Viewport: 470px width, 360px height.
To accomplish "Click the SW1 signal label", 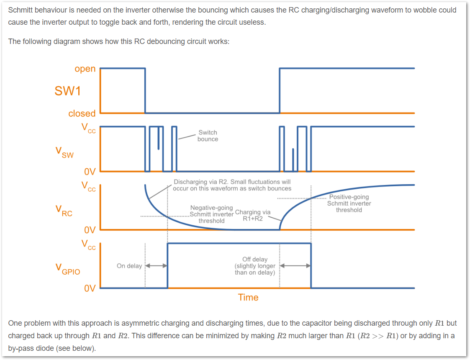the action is coord(68,91).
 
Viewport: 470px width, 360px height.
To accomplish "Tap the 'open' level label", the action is coord(85,69).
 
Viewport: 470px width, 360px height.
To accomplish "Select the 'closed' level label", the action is coord(82,113).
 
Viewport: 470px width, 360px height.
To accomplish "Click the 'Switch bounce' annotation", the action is coord(208,136).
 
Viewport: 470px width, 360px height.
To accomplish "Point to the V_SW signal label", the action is coord(64,152).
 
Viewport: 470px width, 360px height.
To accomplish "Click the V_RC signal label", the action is coord(64,211).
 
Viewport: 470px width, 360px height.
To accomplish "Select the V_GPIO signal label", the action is coord(68,269).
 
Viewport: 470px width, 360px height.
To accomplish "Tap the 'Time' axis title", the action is coord(248,297).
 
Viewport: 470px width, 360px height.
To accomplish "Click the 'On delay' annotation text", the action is coord(129,266).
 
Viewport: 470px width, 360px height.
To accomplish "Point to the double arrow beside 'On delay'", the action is coord(156,265).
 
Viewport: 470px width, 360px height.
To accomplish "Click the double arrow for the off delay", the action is coord(295,265).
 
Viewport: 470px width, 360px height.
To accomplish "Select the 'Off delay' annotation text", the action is coord(255,266).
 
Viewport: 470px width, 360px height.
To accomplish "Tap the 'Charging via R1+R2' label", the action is coord(253,215).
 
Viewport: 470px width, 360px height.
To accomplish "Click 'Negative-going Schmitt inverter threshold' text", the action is coord(212,214).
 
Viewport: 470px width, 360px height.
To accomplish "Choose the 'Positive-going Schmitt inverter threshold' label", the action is coord(349,203).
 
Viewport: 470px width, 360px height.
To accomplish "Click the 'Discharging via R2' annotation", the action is coord(232,185).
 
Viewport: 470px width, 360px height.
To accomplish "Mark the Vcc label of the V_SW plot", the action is coord(88,128).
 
